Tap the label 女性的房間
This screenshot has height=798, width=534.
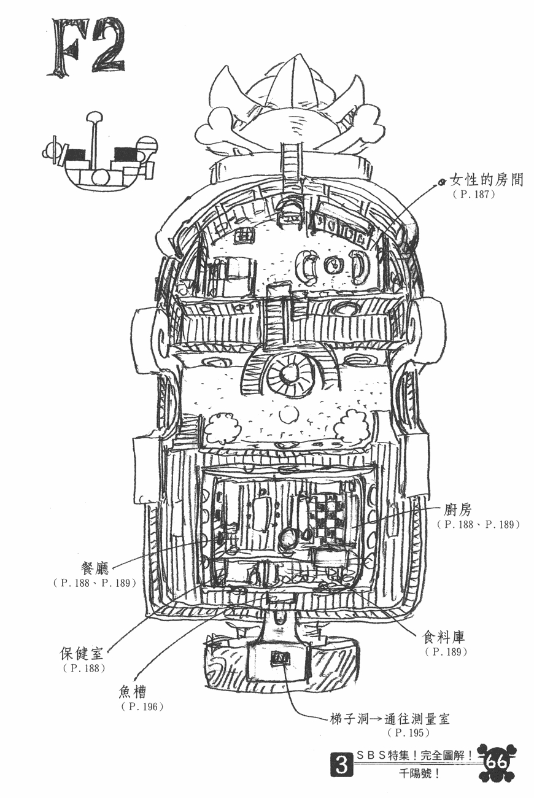coord(486,180)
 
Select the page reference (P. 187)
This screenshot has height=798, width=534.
coord(474,195)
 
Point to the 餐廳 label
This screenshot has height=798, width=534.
coord(95,569)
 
